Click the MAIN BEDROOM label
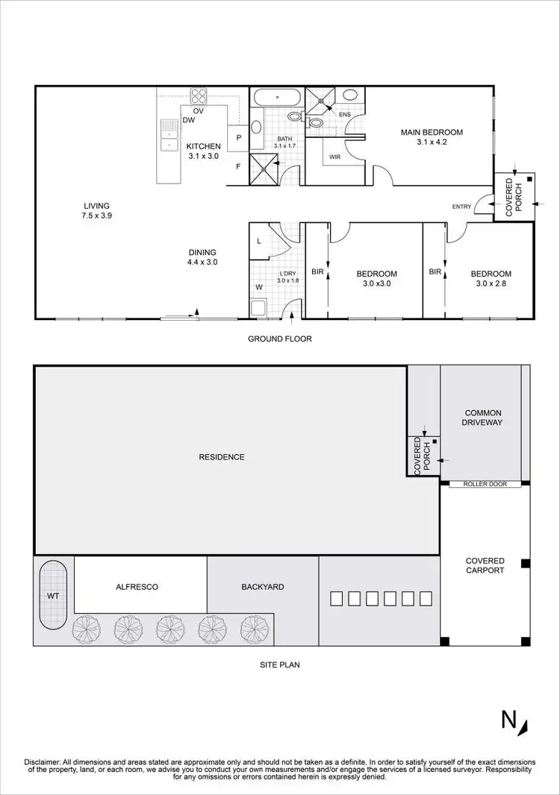tap(432, 137)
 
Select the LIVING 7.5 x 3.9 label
tap(97, 210)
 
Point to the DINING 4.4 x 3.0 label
tap(202, 257)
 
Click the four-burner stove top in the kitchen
tap(199, 96)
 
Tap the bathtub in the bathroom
tap(276, 98)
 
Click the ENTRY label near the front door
tap(461, 207)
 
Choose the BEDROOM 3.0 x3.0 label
tap(376, 279)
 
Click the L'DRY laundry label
tap(287, 276)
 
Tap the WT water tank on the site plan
tap(53, 597)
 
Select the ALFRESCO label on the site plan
tap(137, 587)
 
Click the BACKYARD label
tap(262, 587)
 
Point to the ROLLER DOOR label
tap(485, 484)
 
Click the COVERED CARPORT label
tap(485, 565)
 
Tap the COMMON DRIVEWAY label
tap(483, 418)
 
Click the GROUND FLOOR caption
tap(279, 339)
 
